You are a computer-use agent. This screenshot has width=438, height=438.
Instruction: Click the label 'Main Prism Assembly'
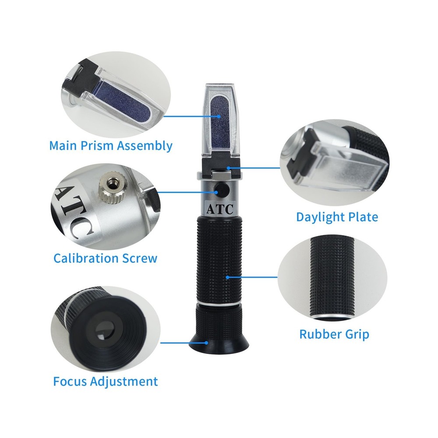(x=110, y=145)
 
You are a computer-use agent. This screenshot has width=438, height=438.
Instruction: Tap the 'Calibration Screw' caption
(x=105, y=258)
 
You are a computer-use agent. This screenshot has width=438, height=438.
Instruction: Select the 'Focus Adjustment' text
(x=105, y=381)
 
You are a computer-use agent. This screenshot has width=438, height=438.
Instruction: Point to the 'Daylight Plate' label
(x=337, y=217)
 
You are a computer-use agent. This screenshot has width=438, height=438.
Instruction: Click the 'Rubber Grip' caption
(x=334, y=334)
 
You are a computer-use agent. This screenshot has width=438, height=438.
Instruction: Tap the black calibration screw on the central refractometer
(x=220, y=190)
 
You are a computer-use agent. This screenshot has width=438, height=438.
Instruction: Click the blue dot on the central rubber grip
(x=228, y=277)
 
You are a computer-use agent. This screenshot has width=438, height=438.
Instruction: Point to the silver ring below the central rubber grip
(x=219, y=303)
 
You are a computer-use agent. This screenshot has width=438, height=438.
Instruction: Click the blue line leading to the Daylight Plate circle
(x=258, y=167)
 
